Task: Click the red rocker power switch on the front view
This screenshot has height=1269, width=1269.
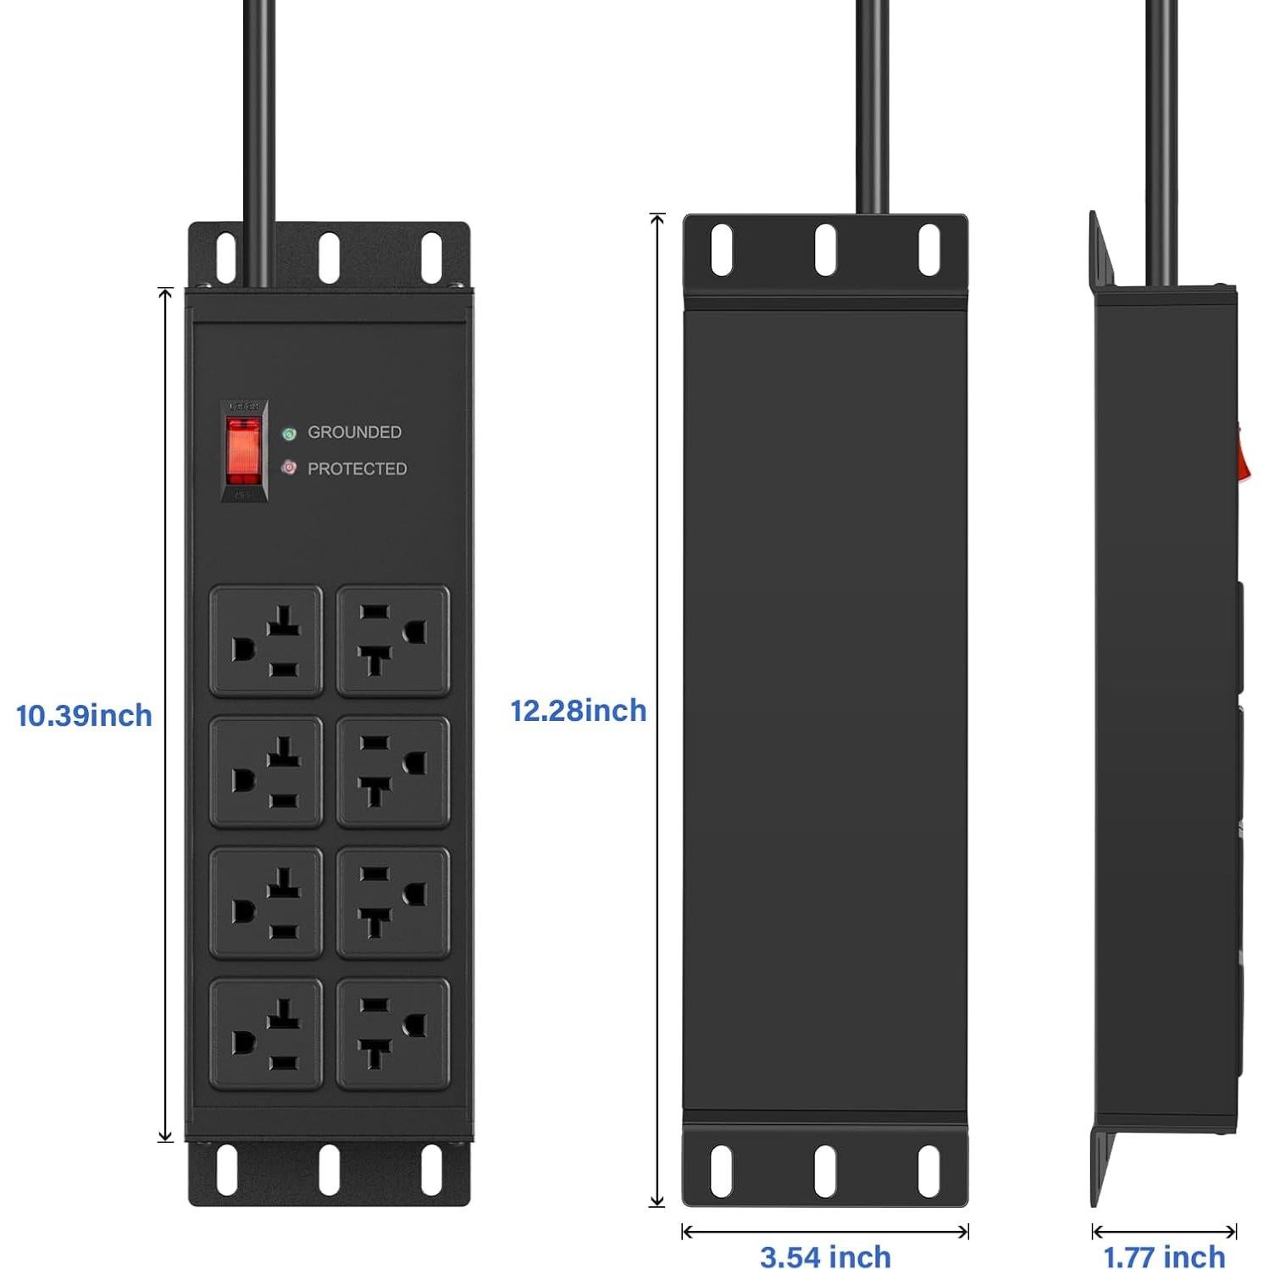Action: [x=244, y=450]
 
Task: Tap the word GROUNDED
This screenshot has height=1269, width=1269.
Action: [x=354, y=432]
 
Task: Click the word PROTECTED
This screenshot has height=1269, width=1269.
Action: [x=357, y=468]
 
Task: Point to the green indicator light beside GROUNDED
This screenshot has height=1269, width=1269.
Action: [x=289, y=434]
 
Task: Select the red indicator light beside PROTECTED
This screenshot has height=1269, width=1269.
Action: [x=289, y=468]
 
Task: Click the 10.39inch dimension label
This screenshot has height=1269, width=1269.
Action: [x=84, y=716]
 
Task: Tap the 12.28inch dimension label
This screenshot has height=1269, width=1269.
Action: [x=578, y=711]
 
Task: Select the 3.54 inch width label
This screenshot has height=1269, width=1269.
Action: [x=825, y=1256]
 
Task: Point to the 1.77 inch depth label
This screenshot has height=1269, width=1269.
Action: [x=1164, y=1256]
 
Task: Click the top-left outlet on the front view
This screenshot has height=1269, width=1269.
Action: [x=266, y=641]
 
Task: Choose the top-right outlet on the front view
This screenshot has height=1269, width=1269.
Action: [x=393, y=641]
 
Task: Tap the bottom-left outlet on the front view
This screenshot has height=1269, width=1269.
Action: [x=266, y=1034]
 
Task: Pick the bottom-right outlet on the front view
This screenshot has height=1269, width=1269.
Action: [x=393, y=1034]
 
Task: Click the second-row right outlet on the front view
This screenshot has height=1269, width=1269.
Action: [x=393, y=772]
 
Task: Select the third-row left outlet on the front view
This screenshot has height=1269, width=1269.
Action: [x=266, y=903]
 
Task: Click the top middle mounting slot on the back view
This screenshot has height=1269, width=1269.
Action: [x=825, y=249]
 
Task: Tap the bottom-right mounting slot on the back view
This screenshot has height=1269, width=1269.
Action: [x=929, y=1172]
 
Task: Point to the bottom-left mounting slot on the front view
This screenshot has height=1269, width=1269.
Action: [x=226, y=1170]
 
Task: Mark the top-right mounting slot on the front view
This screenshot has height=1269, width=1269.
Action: [x=432, y=255]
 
